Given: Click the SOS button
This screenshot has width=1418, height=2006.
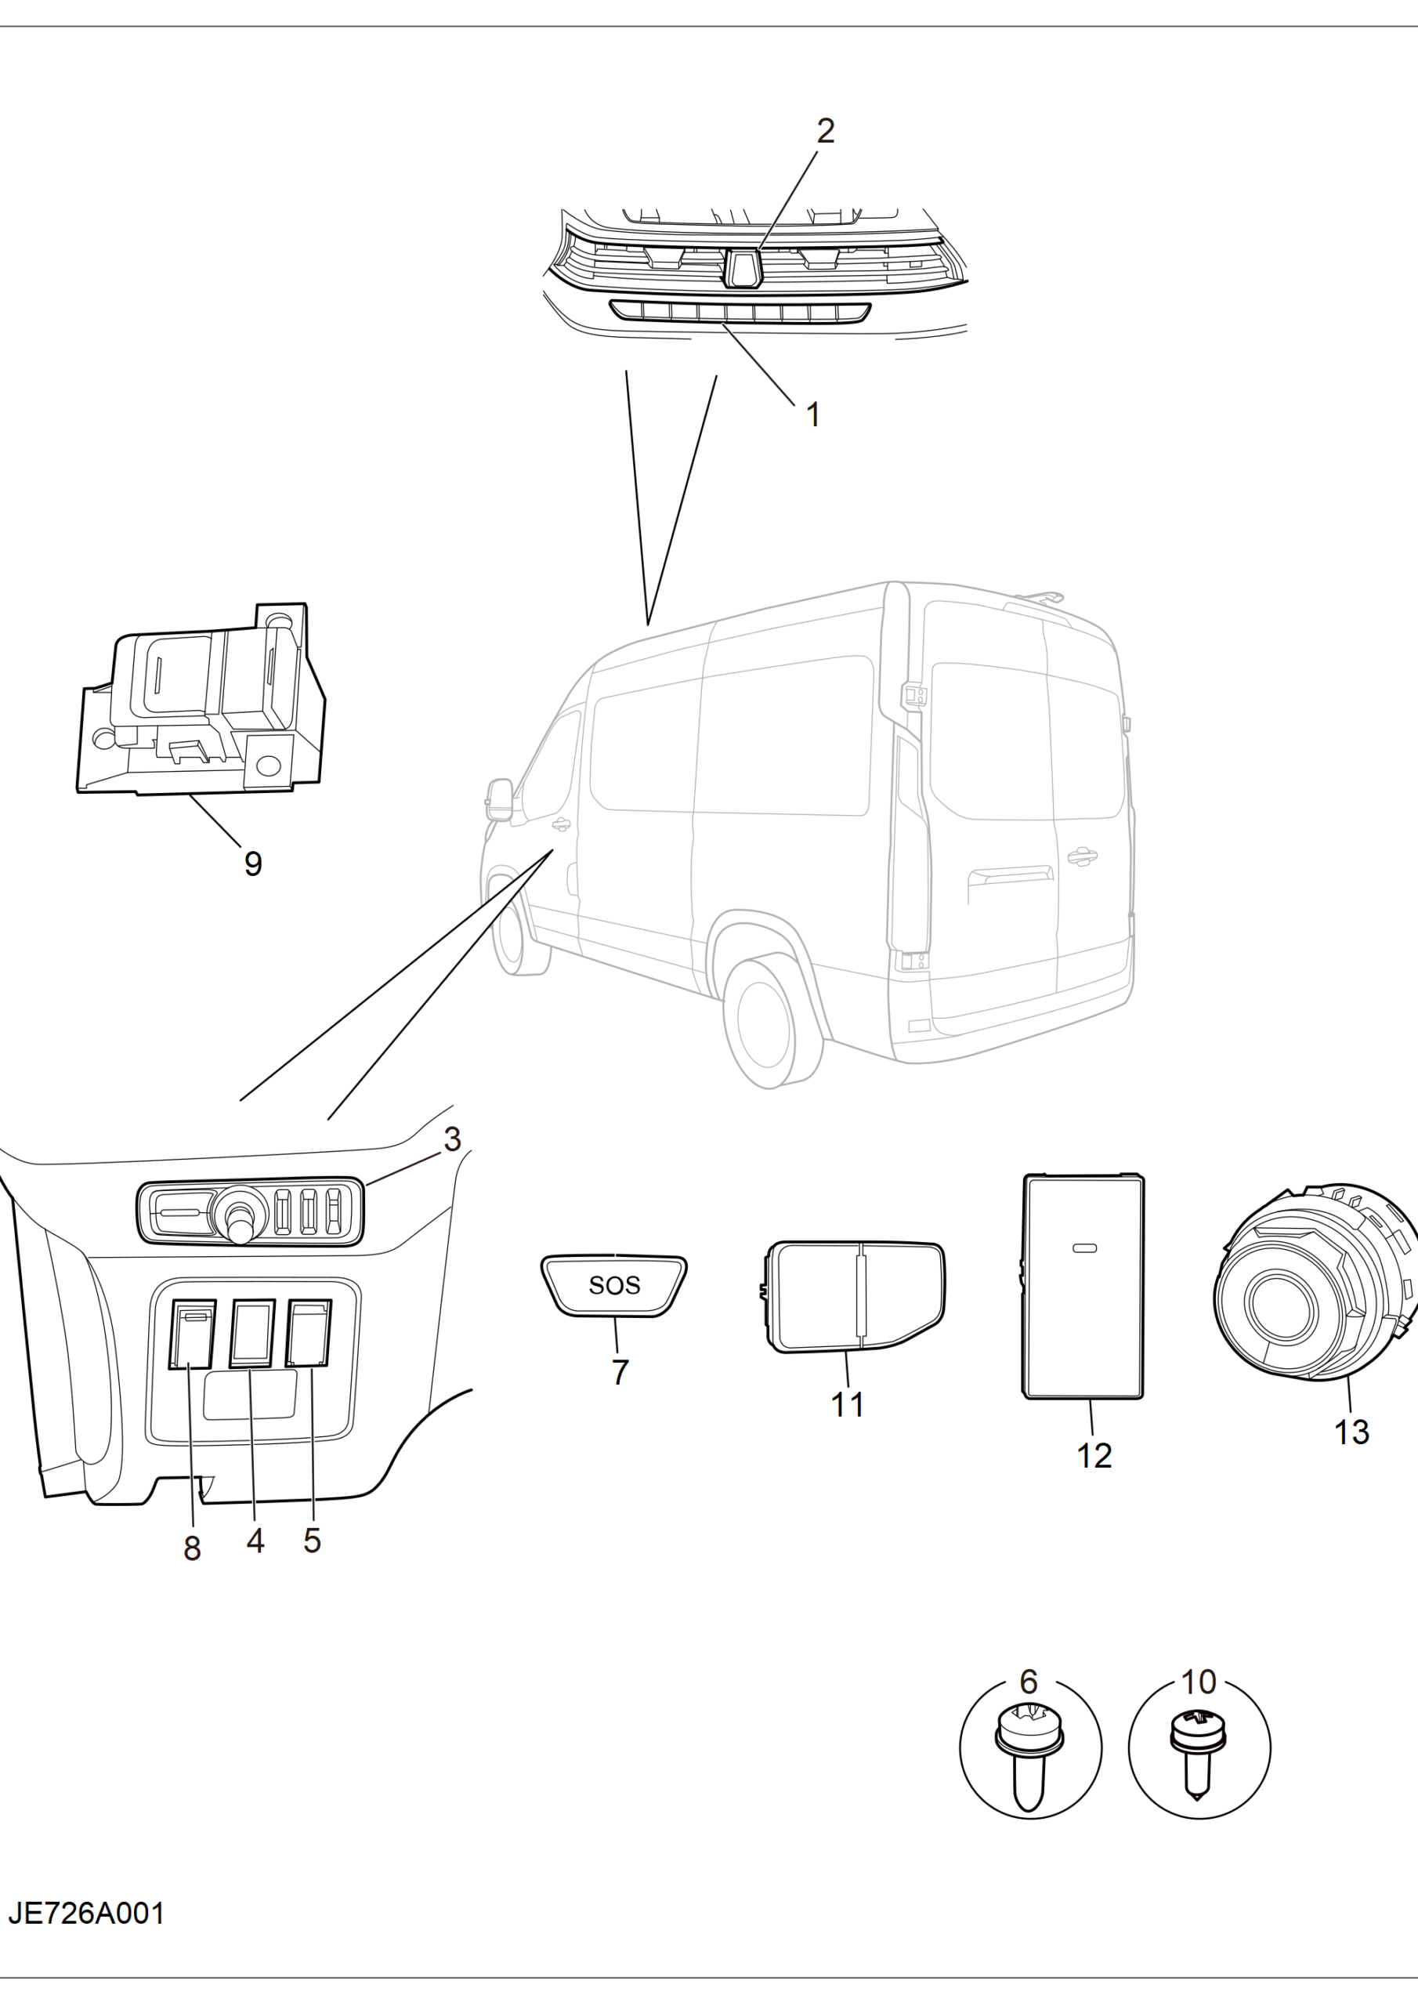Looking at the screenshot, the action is (613, 1284).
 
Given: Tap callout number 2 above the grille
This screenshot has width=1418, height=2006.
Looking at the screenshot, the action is (826, 131).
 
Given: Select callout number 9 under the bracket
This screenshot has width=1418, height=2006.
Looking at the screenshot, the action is (252, 864).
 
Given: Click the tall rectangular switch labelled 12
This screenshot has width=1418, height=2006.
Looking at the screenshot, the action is (1083, 1286).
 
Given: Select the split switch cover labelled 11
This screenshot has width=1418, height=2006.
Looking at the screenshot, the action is (852, 1297).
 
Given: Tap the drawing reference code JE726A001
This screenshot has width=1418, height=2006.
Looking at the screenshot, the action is (86, 1914).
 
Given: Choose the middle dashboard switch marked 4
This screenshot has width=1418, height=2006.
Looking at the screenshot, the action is (252, 1333).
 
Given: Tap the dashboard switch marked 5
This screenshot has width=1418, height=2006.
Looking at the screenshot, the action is (309, 1332).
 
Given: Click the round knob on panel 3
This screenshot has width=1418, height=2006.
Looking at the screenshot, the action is (241, 1215).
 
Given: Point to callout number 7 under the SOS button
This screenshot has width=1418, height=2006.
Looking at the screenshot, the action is (620, 1373).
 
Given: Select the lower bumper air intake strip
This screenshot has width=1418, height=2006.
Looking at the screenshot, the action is (740, 312).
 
